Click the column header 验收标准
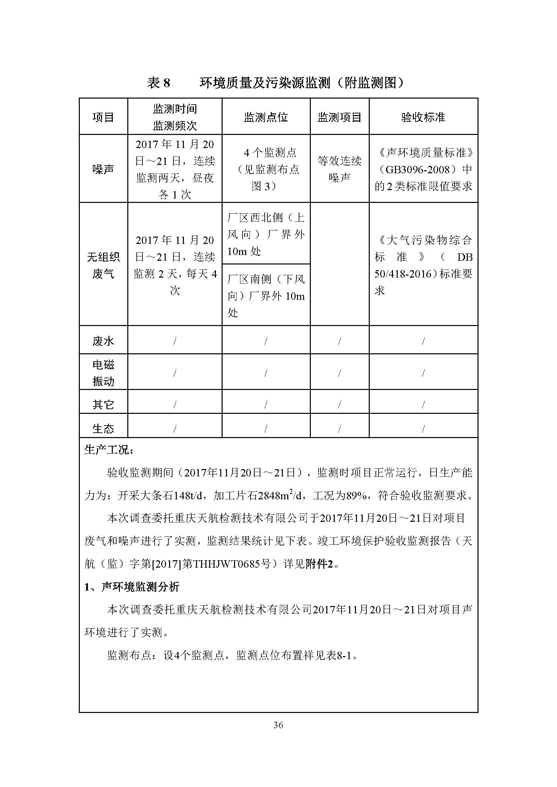click(423, 117)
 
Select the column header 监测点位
click(266, 117)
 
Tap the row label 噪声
click(103, 169)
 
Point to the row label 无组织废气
click(103, 265)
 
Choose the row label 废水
click(103, 341)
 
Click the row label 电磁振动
click(103, 372)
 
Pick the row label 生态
click(103, 428)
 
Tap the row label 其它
click(103, 404)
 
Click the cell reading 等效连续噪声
click(339, 169)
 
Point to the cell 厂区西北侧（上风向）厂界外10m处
click(266, 235)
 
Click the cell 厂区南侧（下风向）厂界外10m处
click(266, 296)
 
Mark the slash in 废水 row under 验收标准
click(423, 341)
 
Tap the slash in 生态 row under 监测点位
click(266, 428)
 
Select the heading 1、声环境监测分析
click(132, 587)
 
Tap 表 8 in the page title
click(159, 83)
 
